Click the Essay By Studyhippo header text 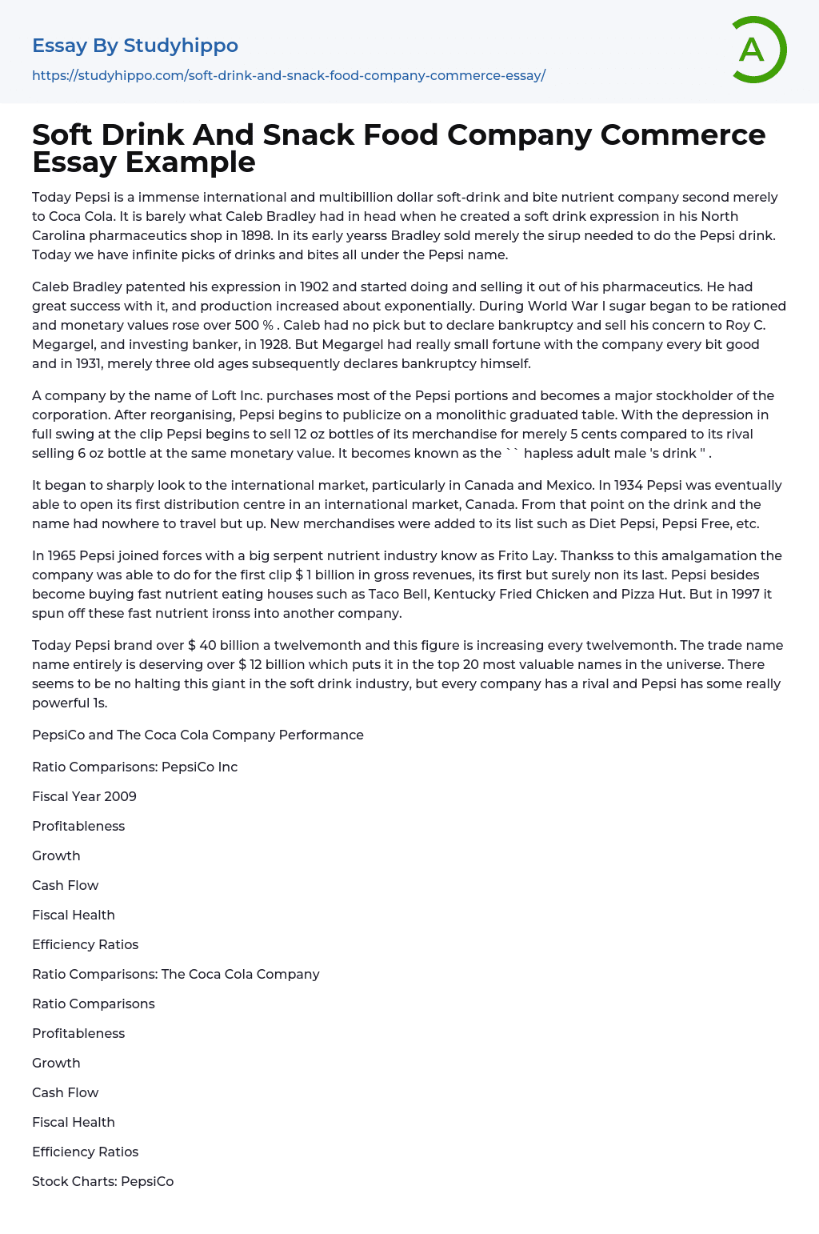click(x=135, y=46)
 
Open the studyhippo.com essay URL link click(x=289, y=76)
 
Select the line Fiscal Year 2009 click(x=84, y=796)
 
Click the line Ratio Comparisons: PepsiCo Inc click(x=134, y=767)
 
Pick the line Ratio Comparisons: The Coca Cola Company click(x=175, y=974)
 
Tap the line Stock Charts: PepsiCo click(x=102, y=1181)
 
